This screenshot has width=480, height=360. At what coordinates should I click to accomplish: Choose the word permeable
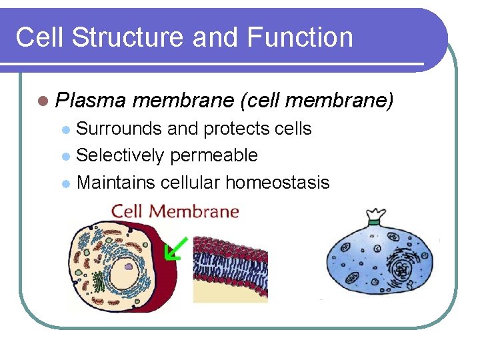click(x=213, y=155)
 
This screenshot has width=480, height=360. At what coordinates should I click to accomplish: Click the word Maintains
click(x=116, y=182)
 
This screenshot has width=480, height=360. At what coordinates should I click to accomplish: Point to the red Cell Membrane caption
click(x=175, y=212)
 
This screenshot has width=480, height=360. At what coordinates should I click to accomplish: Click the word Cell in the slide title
click(x=40, y=37)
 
